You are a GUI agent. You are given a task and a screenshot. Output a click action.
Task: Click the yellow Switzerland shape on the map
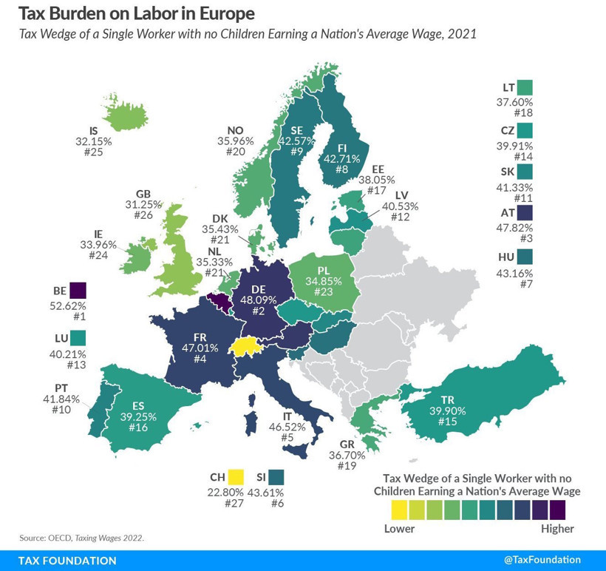(x=246, y=347)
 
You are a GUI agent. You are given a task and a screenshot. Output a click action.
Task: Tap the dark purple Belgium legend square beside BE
(x=78, y=290)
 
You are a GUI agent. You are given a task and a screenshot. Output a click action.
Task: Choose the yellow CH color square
(x=236, y=477)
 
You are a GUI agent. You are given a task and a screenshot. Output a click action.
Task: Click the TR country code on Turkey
(x=447, y=400)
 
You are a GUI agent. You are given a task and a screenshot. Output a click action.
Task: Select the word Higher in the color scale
(x=557, y=529)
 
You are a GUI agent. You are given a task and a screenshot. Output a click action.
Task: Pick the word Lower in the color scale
(x=399, y=529)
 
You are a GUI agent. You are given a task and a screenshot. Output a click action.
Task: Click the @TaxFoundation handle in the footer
(x=542, y=560)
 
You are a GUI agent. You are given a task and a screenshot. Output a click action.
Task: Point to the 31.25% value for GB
(x=143, y=207)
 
